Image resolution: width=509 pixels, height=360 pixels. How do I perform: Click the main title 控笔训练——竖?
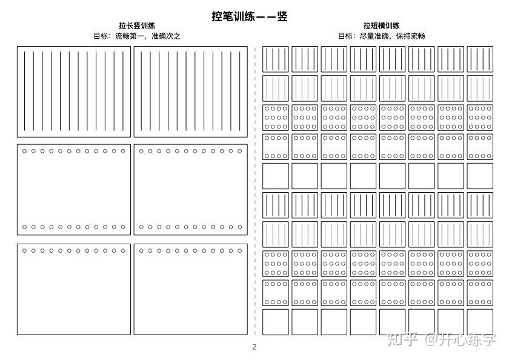pyautogui.click(x=249, y=16)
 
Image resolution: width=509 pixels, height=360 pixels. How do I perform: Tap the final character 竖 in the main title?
pyautogui.click(x=282, y=16)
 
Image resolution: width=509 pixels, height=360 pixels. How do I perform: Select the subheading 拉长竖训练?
pyautogui.click(x=136, y=26)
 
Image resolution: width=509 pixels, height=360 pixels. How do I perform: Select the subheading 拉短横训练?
pyautogui.click(x=381, y=26)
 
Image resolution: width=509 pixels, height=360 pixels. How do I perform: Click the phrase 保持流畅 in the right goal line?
pyautogui.click(x=410, y=36)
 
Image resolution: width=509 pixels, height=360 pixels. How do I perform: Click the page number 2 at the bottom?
pyautogui.click(x=254, y=347)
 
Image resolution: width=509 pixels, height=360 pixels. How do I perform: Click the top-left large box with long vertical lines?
pyautogui.click(x=73, y=92)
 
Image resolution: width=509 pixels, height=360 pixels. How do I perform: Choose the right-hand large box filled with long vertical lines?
pyautogui.click(x=190, y=92)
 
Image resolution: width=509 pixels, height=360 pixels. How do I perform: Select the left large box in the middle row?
pyautogui.click(x=73, y=190)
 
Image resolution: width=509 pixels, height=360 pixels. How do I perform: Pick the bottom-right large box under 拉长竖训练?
pyautogui.click(x=190, y=289)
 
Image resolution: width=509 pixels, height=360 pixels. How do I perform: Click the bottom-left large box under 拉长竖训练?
pyautogui.click(x=73, y=289)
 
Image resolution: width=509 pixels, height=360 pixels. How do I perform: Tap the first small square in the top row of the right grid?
pyautogui.click(x=276, y=59)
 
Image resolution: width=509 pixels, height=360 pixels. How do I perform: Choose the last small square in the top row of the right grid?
pyautogui.click(x=480, y=59)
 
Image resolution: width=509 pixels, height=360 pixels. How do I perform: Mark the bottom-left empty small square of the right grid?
pyautogui.click(x=276, y=322)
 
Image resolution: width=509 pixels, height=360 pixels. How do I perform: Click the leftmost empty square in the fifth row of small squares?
pyautogui.click(x=276, y=176)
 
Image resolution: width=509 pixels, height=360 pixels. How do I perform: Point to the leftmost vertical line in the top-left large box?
pyautogui.click(x=24, y=91)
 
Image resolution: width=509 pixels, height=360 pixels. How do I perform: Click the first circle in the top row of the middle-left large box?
pyautogui.click(x=24, y=151)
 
